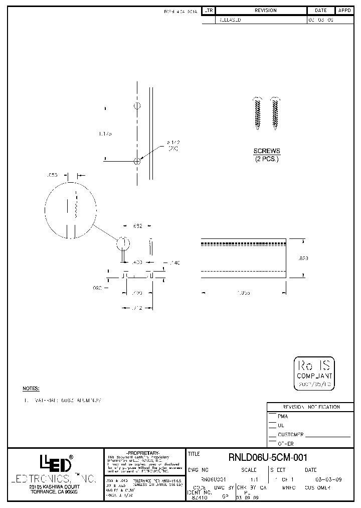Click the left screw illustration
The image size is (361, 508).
(258, 113)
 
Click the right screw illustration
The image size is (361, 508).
(275, 113)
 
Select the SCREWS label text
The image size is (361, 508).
(266, 151)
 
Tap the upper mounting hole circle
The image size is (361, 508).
(137, 106)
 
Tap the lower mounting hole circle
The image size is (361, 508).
(137, 161)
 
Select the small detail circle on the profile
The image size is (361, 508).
(123, 244)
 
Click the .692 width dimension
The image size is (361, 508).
(137, 226)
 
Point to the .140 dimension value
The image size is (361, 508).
(174, 263)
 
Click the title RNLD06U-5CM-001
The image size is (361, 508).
(268, 457)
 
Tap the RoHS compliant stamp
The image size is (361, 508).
(314, 373)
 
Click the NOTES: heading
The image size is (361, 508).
(31, 389)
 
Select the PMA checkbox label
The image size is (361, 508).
(283, 416)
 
